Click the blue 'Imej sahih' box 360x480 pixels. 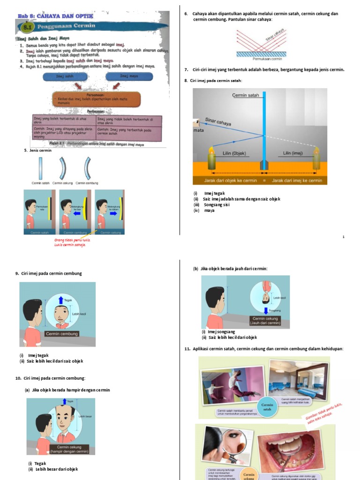click(65, 76)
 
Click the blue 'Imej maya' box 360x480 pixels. click(128, 76)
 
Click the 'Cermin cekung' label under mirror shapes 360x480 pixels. click(63, 183)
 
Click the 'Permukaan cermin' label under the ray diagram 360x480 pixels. click(267, 59)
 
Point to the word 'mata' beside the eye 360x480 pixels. click(199, 131)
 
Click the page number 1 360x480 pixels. click(344, 237)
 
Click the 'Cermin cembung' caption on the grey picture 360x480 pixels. click(62, 334)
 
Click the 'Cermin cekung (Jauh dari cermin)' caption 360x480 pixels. click(266, 321)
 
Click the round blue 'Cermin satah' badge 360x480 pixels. click(267, 406)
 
